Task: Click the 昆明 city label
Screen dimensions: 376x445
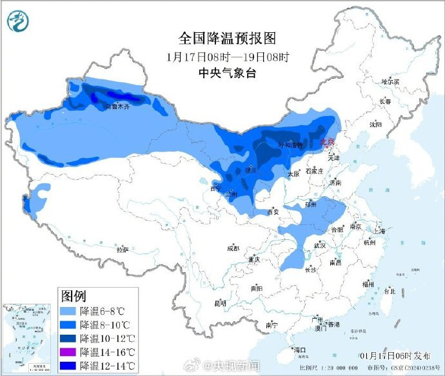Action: click(220, 302)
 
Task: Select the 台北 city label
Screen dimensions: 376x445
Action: click(390, 291)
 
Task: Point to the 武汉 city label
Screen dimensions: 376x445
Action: click(319, 246)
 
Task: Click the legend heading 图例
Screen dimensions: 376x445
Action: click(74, 296)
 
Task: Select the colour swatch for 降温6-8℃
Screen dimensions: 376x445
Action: click(68, 311)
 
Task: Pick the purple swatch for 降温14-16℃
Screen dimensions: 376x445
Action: click(68, 352)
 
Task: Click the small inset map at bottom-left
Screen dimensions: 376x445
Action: click(28, 337)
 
